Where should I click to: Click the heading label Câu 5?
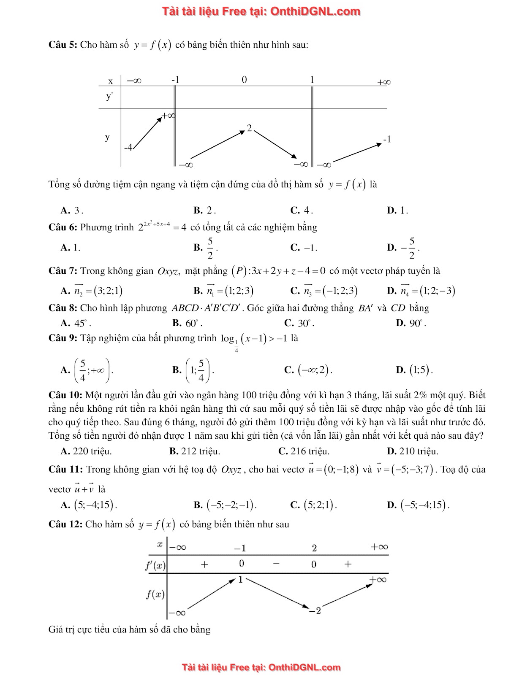pyautogui.click(x=63, y=45)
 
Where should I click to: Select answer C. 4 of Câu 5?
pyautogui.click(x=302, y=210)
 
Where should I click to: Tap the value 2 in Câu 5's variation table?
pyautogui.click(x=249, y=128)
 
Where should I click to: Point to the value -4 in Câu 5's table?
pyautogui.click(x=128, y=147)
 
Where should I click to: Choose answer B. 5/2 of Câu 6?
pyautogui.click(x=206, y=248)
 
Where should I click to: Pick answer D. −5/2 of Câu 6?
pyautogui.click(x=403, y=248)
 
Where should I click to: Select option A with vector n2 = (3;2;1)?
pyautogui.click(x=92, y=290)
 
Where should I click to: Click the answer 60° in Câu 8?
pyautogui.click(x=188, y=323)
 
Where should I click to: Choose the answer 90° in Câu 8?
pyautogui.click(x=411, y=323)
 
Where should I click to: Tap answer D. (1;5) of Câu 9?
pyautogui.click(x=414, y=370)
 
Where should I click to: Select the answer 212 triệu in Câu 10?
pyautogui.click(x=195, y=451)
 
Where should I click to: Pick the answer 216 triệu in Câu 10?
pyautogui.click(x=304, y=451)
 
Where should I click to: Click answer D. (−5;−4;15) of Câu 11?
pyautogui.click(x=418, y=505)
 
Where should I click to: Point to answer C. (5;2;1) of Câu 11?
pyautogui.click(x=314, y=505)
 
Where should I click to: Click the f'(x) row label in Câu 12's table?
pyautogui.click(x=155, y=565)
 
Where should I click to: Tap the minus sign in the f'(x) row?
pyautogui.click(x=276, y=564)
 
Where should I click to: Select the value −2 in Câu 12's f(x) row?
pyautogui.click(x=315, y=610)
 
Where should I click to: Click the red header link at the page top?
pyautogui.click(x=261, y=11)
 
